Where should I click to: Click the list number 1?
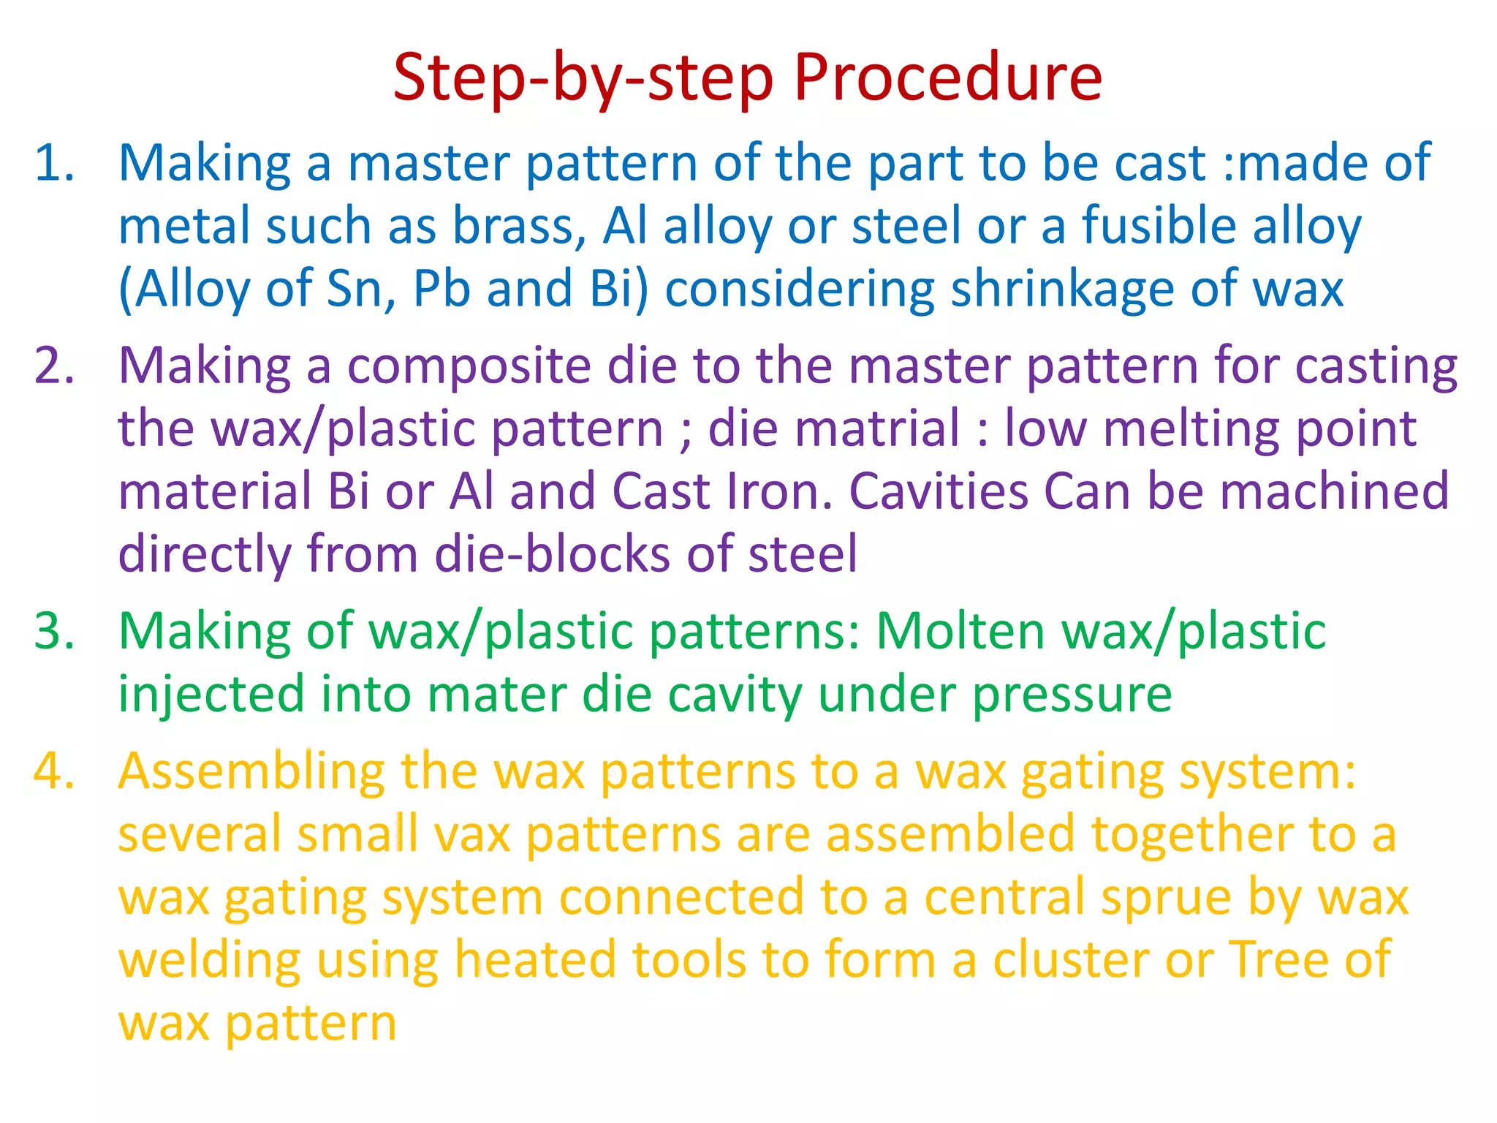pyautogui.click(x=55, y=163)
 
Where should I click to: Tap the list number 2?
pyautogui.click(x=55, y=366)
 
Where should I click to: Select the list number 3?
pyautogui.click(x=55, y=631)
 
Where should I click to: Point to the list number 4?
pyautogui.click(x=55, y=772)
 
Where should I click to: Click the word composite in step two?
pyautogui.click(x=469, y=366)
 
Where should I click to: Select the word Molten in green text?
pyautogui.click(x=960, y=631)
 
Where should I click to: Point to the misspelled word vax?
pyautogui.click(x=471, y=835)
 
